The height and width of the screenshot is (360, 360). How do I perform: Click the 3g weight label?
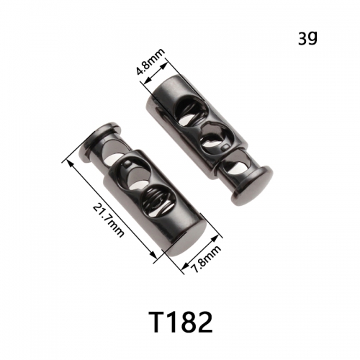click(307, 38)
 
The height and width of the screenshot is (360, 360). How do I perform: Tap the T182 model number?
click(181, 322)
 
